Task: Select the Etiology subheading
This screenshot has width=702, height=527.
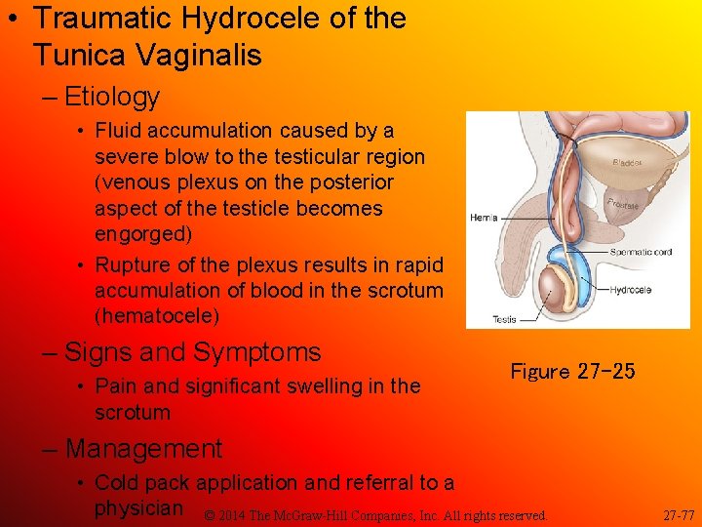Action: [x=112, y=97]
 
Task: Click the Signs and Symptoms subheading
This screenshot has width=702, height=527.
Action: [x=193, y=352]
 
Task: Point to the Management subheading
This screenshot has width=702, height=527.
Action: [x=144, y=449]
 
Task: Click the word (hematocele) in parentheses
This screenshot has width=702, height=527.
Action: [x=157, y=316]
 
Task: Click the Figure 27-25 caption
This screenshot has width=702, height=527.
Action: [x=572, y=371]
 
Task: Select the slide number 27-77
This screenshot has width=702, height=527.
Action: [x=679, y=514]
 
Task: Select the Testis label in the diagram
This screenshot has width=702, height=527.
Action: [x=504, y=319]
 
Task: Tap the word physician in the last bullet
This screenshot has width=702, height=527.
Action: [x=138, y=507]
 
